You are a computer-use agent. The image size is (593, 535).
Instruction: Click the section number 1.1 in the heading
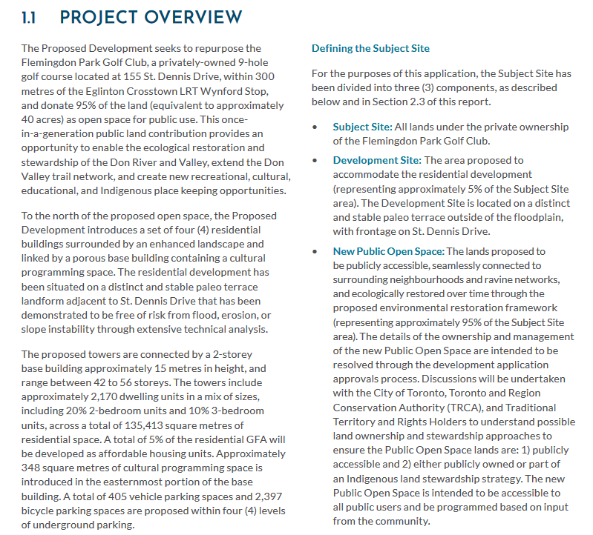coord(32,17)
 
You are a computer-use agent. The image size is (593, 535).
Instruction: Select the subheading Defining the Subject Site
coord(370,49)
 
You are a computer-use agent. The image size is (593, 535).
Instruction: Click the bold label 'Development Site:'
coord(377,160)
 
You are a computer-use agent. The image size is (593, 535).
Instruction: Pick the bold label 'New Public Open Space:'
coord(388,251)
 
